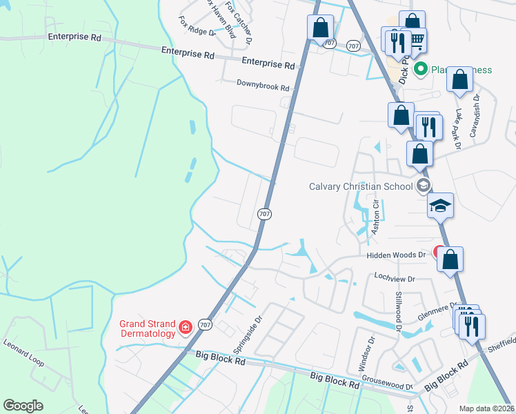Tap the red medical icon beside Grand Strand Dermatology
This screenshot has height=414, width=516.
pos(185,327)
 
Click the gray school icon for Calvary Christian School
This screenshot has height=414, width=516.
pos(423,186)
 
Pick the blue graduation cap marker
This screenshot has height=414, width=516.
pos(440,205)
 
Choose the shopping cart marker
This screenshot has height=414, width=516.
pos(416,41)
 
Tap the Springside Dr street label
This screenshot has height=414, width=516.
pos(255,331)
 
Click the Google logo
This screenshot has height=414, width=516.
pos(23,406)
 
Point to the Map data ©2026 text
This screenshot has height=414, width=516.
pos(486,408)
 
